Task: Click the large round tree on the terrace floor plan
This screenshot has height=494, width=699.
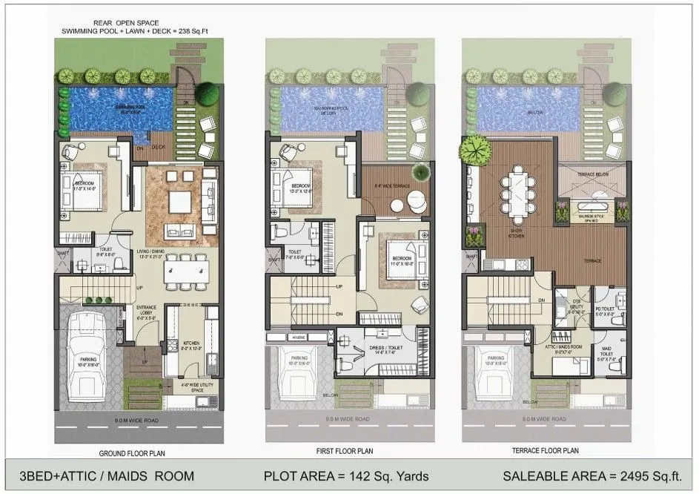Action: pos(471,151)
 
